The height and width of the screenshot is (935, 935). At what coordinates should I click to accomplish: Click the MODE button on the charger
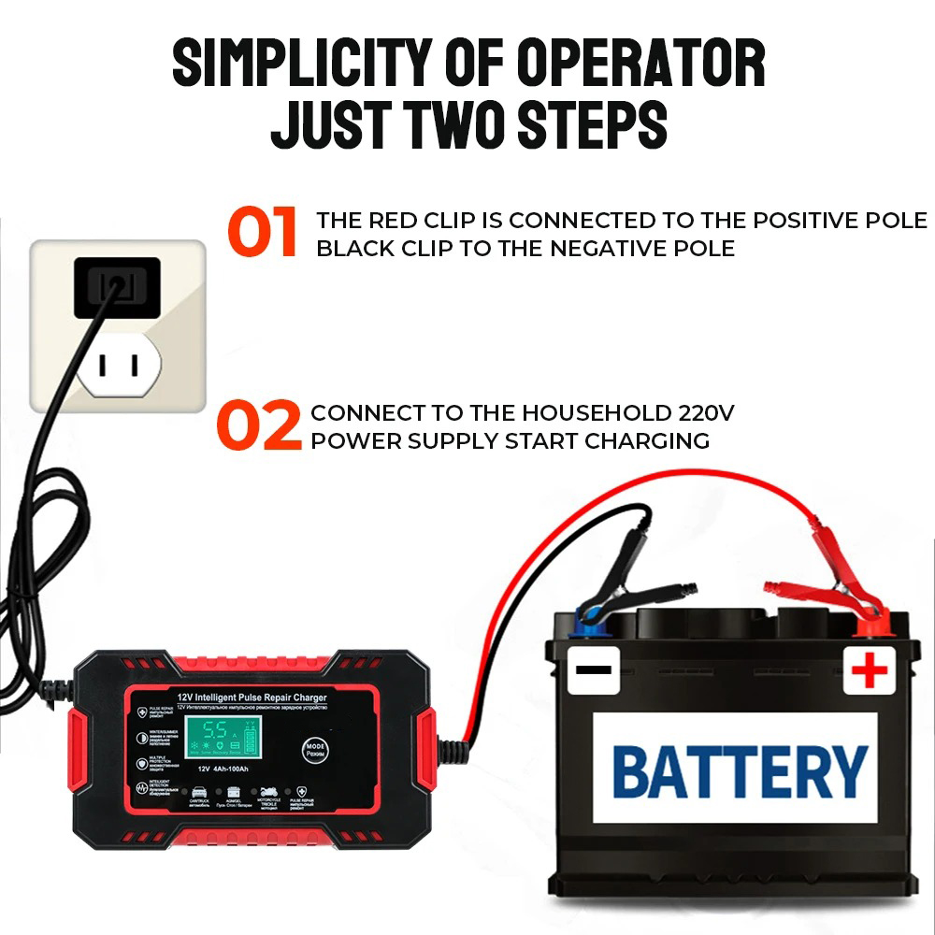click(313, 749)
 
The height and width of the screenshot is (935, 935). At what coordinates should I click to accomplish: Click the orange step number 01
click(263, 233)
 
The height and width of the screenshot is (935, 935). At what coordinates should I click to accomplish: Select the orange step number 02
click(259, 425)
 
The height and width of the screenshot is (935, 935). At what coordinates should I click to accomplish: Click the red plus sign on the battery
click(870, 670)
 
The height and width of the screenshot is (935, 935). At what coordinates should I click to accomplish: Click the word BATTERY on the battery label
click(740, 772)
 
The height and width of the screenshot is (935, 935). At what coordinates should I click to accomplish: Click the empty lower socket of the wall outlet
click(121, 366)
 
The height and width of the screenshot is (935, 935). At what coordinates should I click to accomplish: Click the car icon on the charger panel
click(200, 793)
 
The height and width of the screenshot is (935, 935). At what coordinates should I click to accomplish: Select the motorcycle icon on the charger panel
click(268, 792)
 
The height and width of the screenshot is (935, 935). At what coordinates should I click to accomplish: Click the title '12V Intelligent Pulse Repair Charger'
click(252, 696)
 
